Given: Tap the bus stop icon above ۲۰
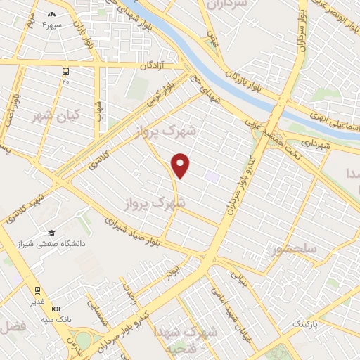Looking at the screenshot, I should [65, 71].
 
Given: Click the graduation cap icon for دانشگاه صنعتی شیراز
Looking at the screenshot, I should [51, 233].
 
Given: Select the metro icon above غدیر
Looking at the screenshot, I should [37, 289].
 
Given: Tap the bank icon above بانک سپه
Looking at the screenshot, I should [56, 309].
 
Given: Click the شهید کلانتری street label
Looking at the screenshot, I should [23, 207].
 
